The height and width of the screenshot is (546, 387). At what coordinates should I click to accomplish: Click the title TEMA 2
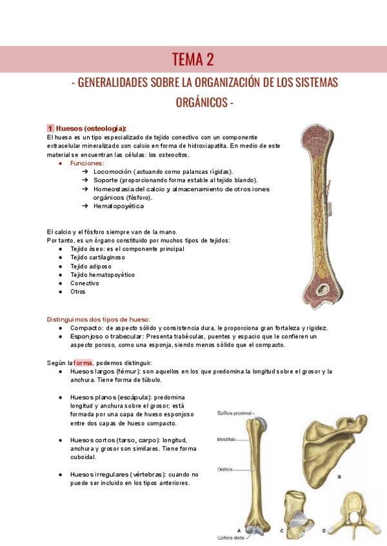click(193, 60)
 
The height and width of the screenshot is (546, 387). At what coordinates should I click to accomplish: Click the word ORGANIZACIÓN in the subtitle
click(208, 83)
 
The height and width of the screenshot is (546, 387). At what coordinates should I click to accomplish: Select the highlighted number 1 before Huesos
click(50, 127)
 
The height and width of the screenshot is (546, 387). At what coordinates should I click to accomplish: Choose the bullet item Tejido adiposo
click(91, 266)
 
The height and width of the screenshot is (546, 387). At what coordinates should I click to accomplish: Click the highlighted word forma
click(83, 362)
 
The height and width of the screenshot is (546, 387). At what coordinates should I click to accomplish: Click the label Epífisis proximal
click(232, 413)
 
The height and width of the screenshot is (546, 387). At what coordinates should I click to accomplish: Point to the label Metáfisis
click(226, 438)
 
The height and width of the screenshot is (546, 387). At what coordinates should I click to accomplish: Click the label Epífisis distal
click(230, 536)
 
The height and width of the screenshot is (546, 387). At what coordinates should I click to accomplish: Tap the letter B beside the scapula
click(340, 477)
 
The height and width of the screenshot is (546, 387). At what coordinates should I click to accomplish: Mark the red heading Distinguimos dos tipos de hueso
click(99, 319)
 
